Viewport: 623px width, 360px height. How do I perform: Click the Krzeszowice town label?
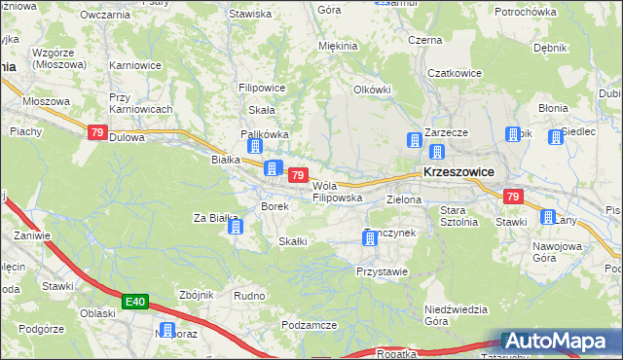[x=458, y=171]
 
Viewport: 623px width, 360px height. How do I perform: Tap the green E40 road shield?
[x=136, y=304]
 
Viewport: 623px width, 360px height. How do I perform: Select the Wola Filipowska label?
[x=337, y=192]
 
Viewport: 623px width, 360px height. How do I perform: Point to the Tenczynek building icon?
[x=370, y=237]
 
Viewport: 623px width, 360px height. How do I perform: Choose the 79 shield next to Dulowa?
[x=96, y=133]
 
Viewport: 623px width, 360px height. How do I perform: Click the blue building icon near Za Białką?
[x=235, y=228]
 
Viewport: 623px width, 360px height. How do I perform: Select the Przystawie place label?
[x=382, y=272]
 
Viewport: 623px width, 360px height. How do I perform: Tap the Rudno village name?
[x=250, y=295]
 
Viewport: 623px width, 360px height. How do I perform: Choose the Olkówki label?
[x=372, y=90]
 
